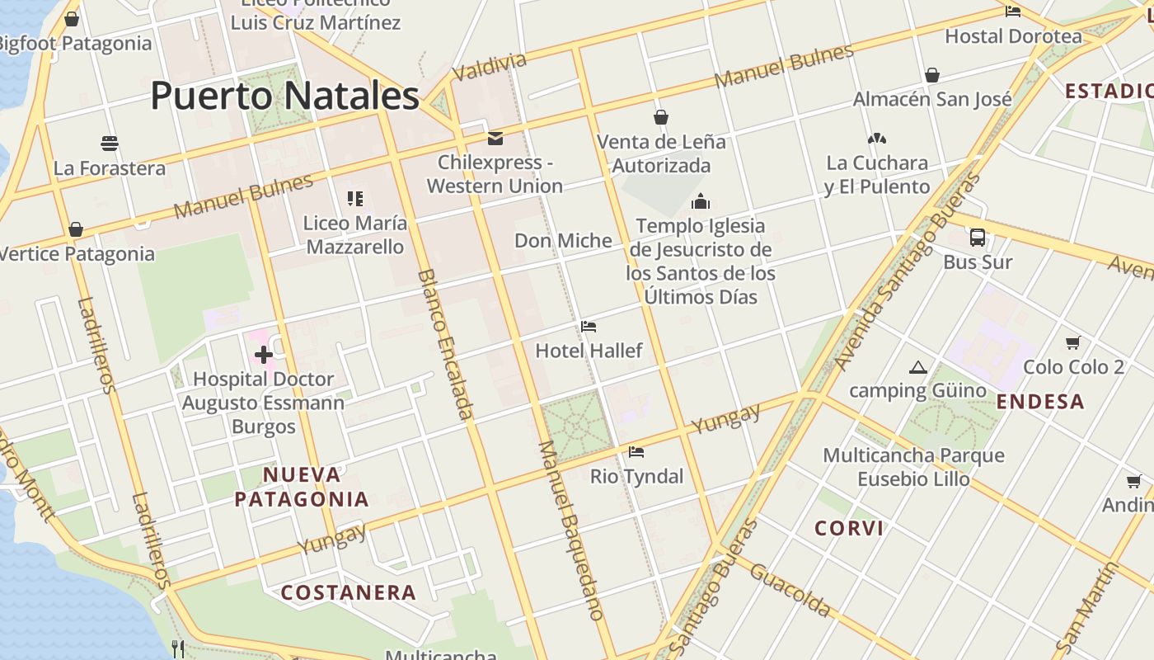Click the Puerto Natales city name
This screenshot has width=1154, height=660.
[x=284, y=96]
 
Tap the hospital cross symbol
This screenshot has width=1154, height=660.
[x=264, y=356]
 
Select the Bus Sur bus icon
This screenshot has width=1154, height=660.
[x=978, y=238]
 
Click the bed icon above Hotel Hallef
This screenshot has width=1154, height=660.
[x=589, y=327]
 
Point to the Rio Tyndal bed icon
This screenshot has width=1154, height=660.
[x=636, y=452]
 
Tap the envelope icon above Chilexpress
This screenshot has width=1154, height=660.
[x=495, y=138]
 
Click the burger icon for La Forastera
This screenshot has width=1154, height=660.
[x=110, y=144]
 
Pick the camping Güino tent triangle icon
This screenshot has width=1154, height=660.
[x=917, y=367]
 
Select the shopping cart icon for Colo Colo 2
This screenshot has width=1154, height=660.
[x=1073, y=342]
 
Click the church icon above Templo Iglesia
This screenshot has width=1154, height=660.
[x=701, y=201]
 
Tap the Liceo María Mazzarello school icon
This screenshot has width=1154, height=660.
[x=355, y=198]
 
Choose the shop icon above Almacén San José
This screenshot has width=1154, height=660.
[x=932, y=75]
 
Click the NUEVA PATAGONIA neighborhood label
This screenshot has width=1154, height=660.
[x=302, y=487]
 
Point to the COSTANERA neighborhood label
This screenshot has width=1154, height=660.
[x=348, y=592]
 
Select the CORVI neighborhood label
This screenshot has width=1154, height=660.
[x=849, y=528]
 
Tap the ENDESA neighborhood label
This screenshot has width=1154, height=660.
[x=1040, y=402]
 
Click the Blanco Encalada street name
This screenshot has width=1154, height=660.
[x=447, y=344]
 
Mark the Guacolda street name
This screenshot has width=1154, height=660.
[x=790, y=592]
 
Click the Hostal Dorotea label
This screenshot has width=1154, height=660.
[x=1013, y=36]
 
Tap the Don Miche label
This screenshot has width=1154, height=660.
[x=563, y=241]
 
